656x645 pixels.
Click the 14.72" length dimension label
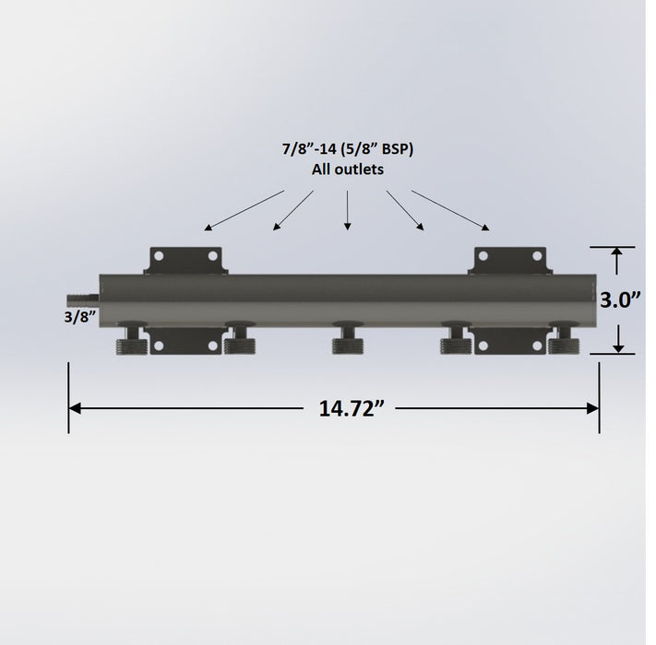[x=351, y=408]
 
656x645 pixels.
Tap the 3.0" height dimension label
[x=620, y=299]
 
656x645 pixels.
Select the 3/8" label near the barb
[x=80, y=317]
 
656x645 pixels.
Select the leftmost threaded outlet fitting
[x=132, y=338]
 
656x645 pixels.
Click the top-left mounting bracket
[x=185, y=261]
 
